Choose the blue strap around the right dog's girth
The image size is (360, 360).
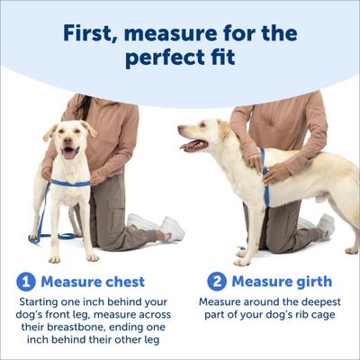pos(263,166)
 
